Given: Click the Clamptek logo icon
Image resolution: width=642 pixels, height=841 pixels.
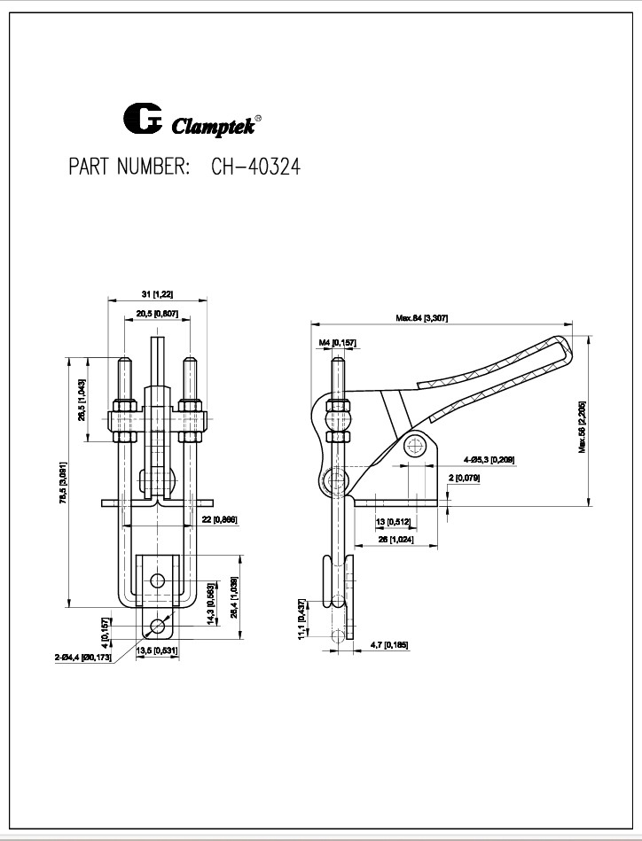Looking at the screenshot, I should (x=143, y=120).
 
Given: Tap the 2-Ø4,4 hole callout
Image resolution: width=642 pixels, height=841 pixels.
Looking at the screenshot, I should (x=82, y=658).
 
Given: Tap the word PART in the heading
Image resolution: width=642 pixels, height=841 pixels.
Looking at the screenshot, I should (x=90, y=167).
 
